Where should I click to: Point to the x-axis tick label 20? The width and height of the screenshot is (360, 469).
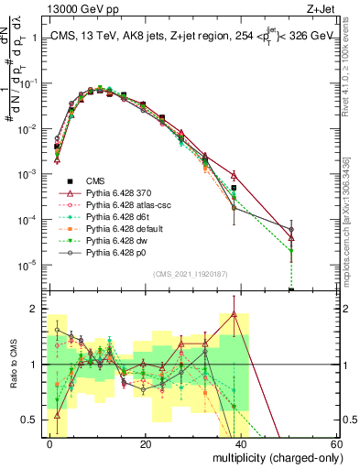146,443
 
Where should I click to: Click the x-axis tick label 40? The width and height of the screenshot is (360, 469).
241,443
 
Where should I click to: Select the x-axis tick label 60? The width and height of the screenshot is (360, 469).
335,443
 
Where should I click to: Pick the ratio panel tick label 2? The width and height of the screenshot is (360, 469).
33,309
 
